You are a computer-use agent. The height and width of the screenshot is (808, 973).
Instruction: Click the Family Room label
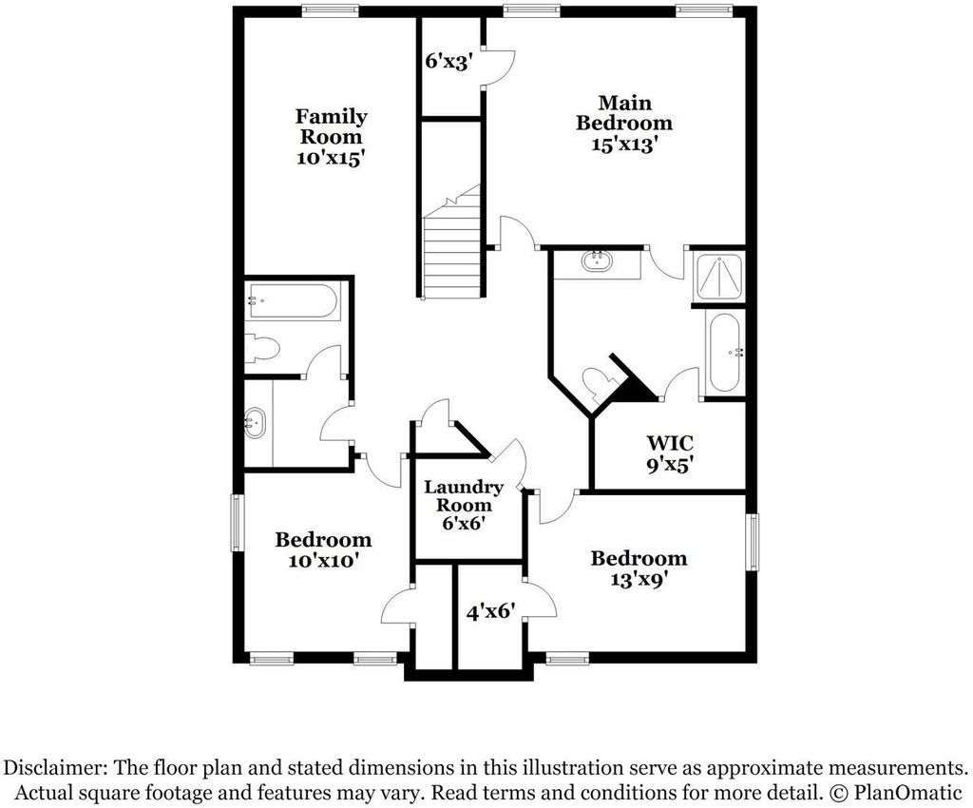pos(331,126)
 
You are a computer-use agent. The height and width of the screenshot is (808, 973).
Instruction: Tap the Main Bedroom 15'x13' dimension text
pos(623,144)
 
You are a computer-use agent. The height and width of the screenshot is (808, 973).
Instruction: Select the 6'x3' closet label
pos(449,62)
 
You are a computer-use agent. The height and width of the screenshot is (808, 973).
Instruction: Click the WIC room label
pos(670,443)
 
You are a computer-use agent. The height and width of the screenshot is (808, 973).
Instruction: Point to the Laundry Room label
pos(463,495)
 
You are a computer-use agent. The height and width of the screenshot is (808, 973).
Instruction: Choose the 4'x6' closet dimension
pos(491,612)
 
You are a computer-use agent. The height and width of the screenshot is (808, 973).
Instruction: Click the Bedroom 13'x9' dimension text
pos(639,580)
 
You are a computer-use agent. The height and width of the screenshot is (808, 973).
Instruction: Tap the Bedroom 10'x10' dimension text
pos(323,561)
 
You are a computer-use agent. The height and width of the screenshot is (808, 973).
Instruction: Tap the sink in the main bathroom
pos(597,260)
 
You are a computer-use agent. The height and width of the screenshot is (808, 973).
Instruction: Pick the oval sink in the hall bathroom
pos(255,423)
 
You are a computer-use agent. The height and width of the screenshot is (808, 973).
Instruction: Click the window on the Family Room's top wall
pos(330,10)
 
